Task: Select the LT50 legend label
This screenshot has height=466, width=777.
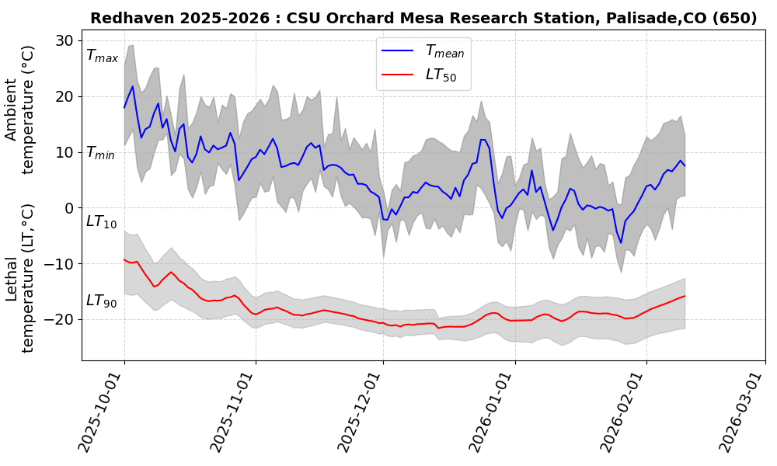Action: click(x=441, y=75)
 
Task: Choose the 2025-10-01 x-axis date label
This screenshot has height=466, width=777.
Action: click(x=102, y=412)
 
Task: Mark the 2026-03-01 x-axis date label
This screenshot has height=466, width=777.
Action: click(x=739, y=412)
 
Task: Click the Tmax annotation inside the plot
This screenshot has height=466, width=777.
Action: click(x=102, y=56)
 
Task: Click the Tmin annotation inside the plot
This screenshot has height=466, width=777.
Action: click(x=100, y=153)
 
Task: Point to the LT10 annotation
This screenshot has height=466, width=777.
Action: click(x=101, y=222)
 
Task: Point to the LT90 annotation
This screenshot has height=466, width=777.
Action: click(x=101, y=301)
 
